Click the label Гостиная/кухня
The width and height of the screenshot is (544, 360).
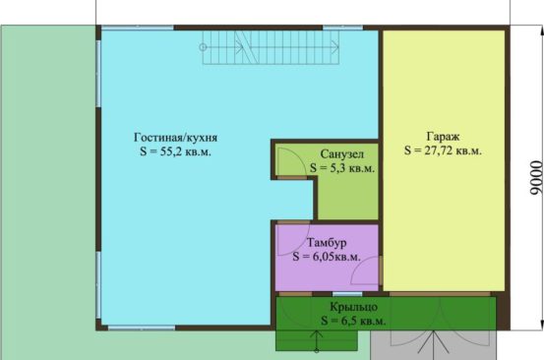click(175, 138)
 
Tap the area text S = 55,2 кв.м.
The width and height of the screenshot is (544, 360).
click(175, 151)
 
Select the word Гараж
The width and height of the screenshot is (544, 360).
click(443, 137)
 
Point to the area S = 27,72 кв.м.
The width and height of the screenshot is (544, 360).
click(443, 150)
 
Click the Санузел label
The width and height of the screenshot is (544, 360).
click(342, 154)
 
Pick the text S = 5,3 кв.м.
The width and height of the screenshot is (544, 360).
click(342, 168)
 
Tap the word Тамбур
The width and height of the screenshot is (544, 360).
click(327, 242)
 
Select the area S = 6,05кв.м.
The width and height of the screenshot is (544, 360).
click(327, 257)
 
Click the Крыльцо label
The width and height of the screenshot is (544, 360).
click(353, 307)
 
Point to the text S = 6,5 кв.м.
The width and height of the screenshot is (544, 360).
click(353, 321)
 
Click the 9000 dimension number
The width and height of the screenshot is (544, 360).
click(536, 178)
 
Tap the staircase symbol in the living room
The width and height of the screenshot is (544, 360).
click(270, 47)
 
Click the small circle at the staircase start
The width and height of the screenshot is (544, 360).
click(203, 47)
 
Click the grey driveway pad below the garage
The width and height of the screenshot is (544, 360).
click(433, 345)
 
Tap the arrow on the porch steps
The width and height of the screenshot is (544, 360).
click(317, 341)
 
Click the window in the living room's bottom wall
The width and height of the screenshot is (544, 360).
click(142, 328)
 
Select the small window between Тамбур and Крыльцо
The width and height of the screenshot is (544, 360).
click(347, 294)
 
